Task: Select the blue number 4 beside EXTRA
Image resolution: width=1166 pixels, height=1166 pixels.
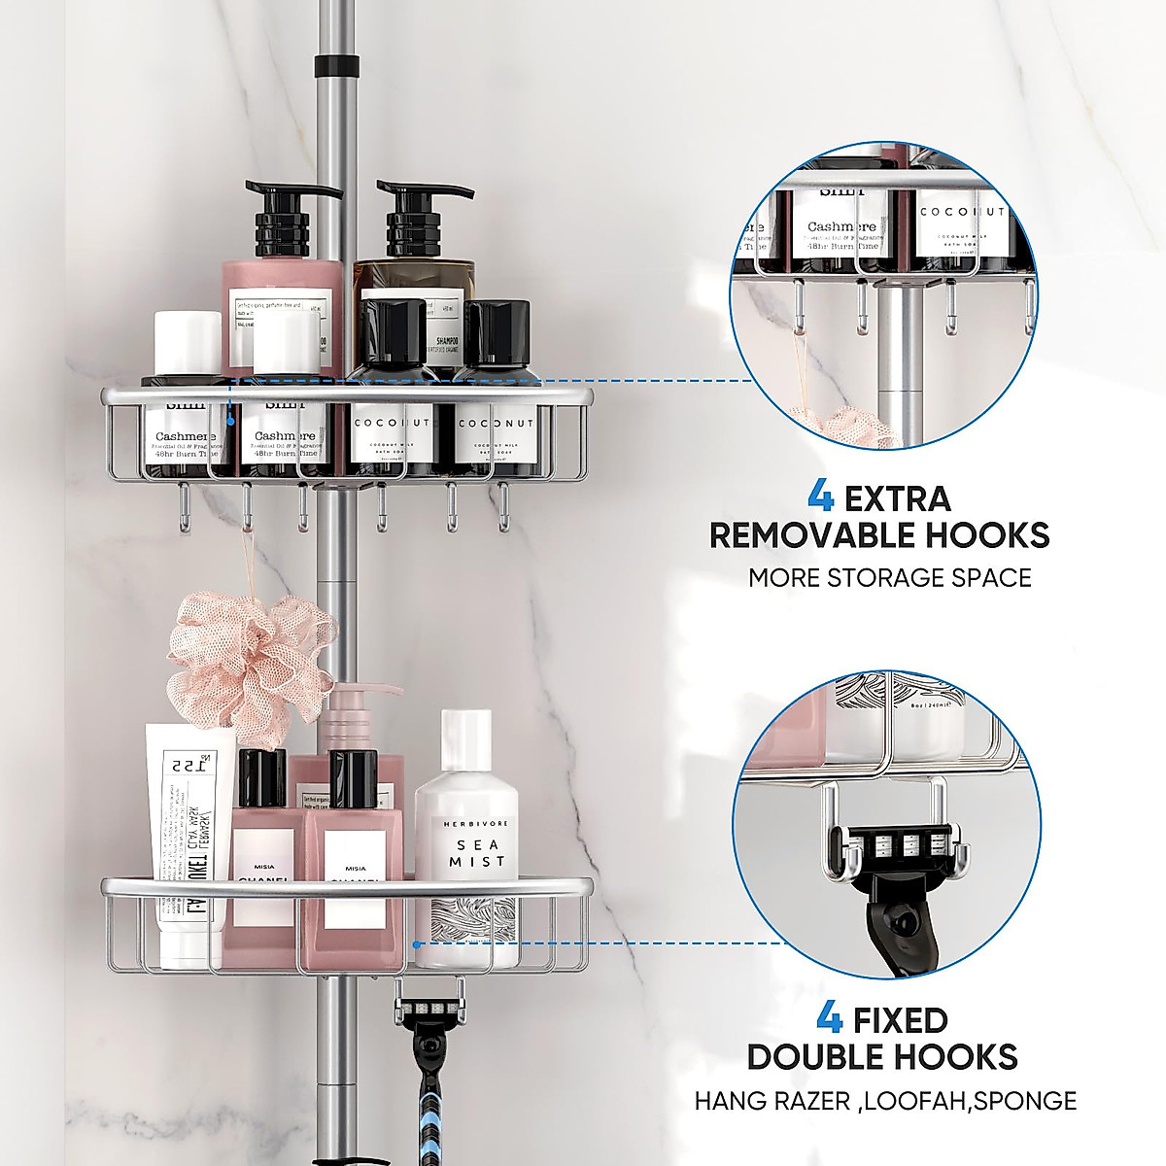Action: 820,498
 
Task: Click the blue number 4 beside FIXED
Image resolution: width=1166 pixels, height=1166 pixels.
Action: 829,1020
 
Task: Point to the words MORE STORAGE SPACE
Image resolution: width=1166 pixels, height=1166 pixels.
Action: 889,578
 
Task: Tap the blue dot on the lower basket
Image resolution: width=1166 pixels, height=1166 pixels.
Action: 416,943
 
